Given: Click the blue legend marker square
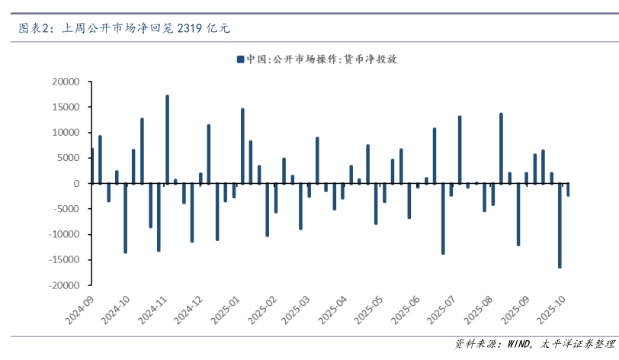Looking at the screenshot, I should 240,59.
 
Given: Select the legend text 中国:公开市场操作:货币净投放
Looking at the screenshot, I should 322,59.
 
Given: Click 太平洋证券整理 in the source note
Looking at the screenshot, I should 575,344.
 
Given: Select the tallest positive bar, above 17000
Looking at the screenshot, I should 167,140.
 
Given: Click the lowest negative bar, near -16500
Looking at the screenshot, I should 560,226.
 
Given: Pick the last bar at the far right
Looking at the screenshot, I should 568,190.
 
